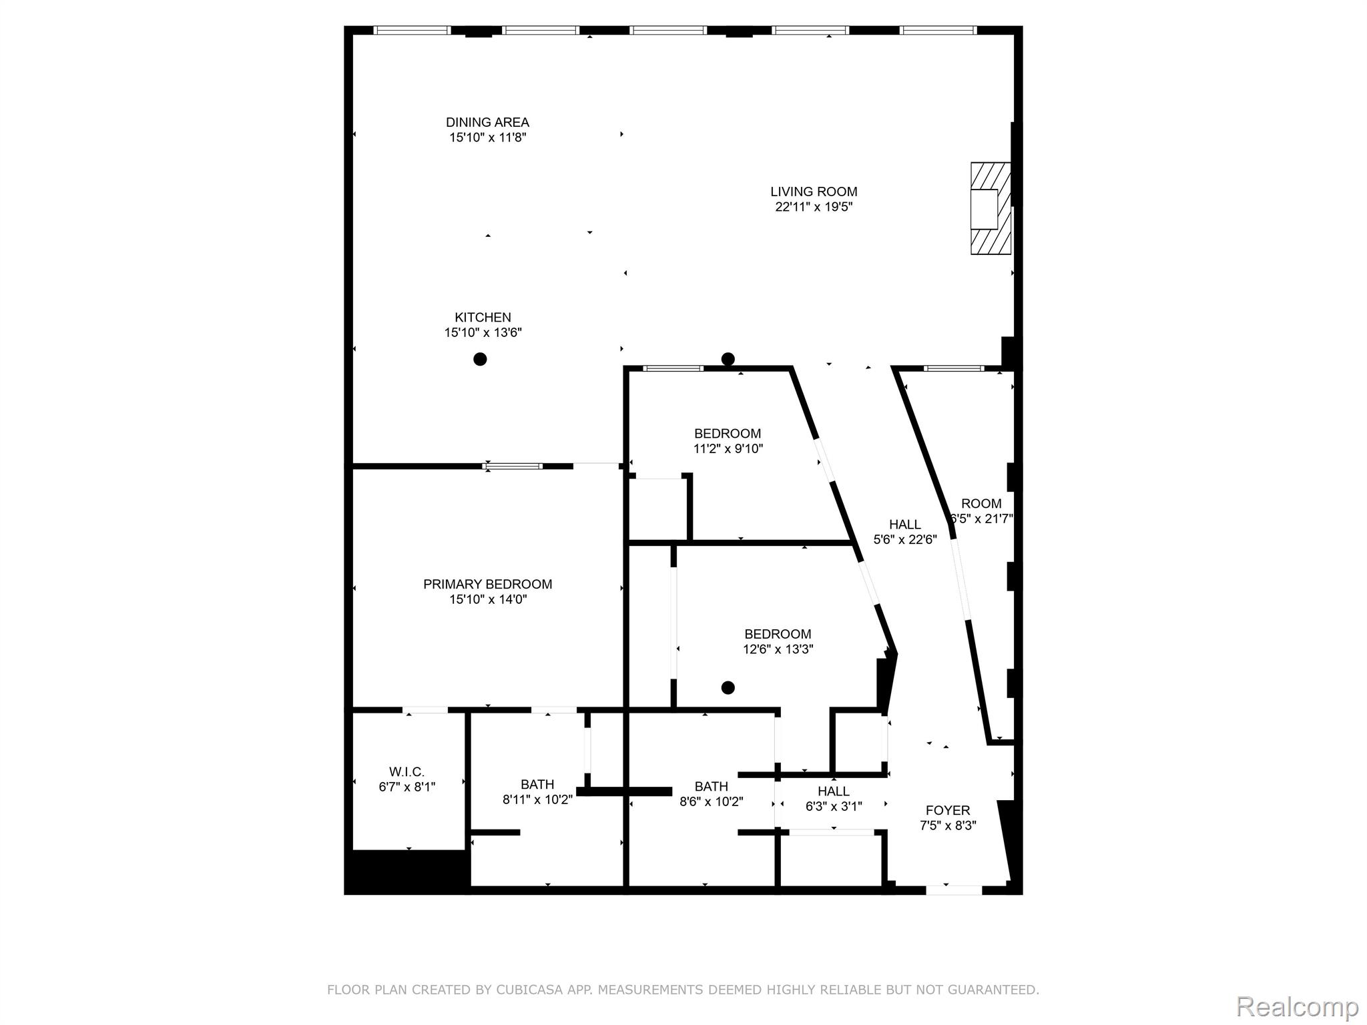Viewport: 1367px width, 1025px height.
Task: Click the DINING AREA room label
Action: (487, 122)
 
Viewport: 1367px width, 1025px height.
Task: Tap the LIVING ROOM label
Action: (814, 192)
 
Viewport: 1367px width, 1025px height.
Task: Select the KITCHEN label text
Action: (483, 318)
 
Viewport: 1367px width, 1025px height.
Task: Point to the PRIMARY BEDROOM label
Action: (487, 585)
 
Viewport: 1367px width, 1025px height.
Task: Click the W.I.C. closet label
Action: (406, 772)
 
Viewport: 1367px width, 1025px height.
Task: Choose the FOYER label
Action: (948, 810)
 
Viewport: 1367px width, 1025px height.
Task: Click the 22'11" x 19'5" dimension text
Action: (814, 207)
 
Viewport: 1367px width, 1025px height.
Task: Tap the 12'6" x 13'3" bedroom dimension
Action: (778, 649)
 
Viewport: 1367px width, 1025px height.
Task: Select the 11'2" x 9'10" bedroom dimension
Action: (728, 449)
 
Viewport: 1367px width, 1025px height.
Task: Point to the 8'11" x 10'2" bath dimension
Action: (537, 799)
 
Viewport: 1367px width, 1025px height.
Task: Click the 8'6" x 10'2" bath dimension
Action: (711, 801)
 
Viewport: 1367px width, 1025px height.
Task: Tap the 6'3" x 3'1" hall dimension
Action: (834, 806)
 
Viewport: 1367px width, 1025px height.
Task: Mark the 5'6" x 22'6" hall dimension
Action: (905, 540)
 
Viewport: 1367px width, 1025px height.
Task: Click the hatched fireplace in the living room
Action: (991, 208)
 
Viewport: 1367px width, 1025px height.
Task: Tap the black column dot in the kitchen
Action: (480, 359)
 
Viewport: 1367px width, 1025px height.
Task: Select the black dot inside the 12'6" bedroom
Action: (728, 687)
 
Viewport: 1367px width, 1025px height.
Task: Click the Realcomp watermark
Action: (1297, 1006)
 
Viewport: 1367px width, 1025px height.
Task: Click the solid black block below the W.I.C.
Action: (408, 871)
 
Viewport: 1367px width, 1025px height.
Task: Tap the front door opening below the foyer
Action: (954, 889)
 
